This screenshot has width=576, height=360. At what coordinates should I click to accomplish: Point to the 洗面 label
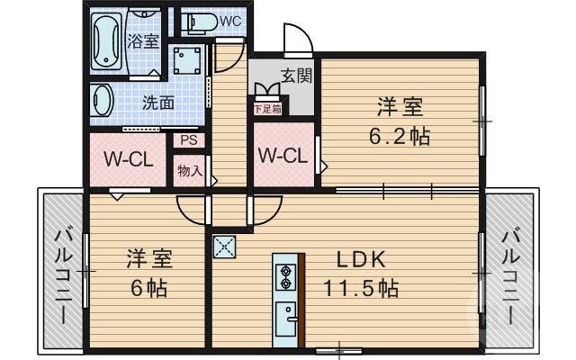pyautogui.click(x=158, y=103)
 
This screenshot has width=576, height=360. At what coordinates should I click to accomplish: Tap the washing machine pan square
pyautogui.click(x=187, y=61)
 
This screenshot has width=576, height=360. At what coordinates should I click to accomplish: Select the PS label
pyautogui.click(x=188, y=139)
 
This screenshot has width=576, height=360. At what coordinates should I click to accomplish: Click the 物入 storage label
pyautogui.click(x=189, y=170)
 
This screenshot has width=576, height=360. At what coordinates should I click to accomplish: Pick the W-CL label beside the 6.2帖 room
pyautogui.click(x=283, y=156)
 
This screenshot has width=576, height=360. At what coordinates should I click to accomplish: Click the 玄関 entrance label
pyautogui.click(x=295, y=76)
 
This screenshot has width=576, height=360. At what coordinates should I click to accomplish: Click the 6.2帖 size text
pyautogui.click(x=400, y=137)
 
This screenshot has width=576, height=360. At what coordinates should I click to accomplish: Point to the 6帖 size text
pyautogui.click(x=148, y=291)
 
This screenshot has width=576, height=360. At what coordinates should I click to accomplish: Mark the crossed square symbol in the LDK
pyautogui.click(x=224, y=246)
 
